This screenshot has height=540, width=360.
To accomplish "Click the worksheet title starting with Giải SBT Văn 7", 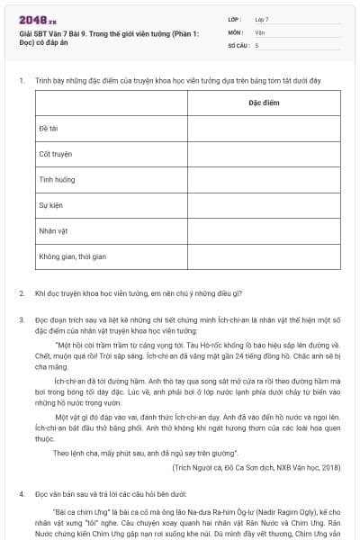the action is pyautogui.click(x=108, y=38).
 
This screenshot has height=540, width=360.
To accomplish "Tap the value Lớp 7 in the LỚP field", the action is pyautogui.click(x=262, y=19).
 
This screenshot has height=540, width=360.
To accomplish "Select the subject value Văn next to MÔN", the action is pyautogui.click(x=259, y=31).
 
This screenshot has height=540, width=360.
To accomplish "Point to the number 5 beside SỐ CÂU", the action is pyautogui.click(x=256, y=44).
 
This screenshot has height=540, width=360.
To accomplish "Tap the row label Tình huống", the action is pyautogui.click(x=54, y=180).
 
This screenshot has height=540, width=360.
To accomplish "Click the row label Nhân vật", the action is pyautogui.click(x=52, y=230).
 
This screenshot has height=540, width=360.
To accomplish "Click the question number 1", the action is pyautogui.click(x=21, y=81).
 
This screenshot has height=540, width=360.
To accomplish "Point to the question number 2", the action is pyautogui.click(x=21, y=293).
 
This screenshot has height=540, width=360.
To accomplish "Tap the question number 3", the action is pyautogui.click(x=21, y=319).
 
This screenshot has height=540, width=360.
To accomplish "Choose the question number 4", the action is pyautogui.click(x=21, y=494).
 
